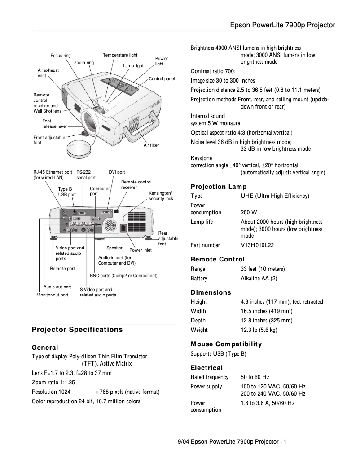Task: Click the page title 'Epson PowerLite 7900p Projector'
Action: point(282,25)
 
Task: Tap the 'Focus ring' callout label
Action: point(60,56)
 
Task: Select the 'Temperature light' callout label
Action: point(120,55)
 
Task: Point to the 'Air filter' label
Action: point(151,145)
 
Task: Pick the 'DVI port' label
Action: point(117,172)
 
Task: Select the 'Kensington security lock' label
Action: point(161,195)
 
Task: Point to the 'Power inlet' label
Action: point(140,250)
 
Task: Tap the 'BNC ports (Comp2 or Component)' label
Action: point(123,276)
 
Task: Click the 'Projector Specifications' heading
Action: point(77,330)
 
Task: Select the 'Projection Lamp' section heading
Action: point(219,187)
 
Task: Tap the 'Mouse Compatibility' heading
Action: point(226,344)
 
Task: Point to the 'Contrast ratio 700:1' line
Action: point(214,71)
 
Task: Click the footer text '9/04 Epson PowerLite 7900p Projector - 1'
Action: point(232,442)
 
